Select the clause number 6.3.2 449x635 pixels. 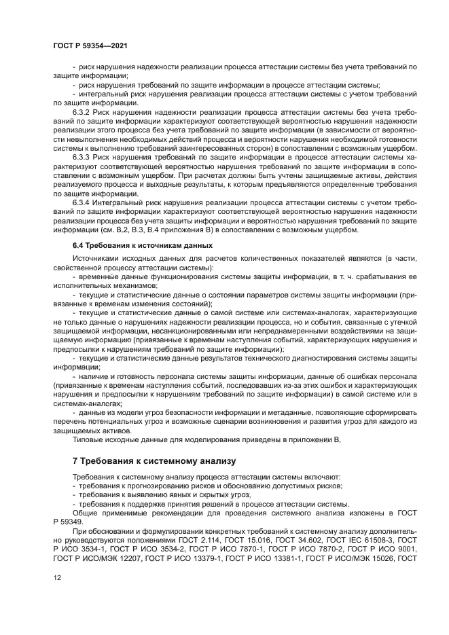click(x=82, y=111)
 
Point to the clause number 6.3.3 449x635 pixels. click(x=82, y=156)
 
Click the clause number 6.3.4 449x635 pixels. click(x=82, y=202)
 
